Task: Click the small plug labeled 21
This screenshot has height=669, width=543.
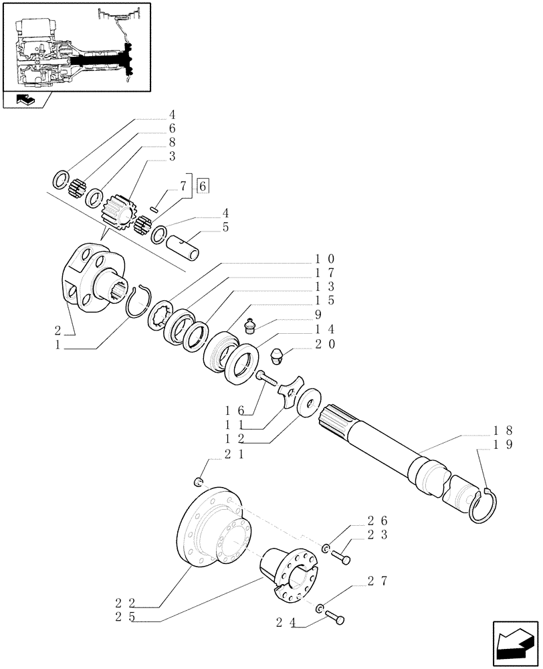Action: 198,482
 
